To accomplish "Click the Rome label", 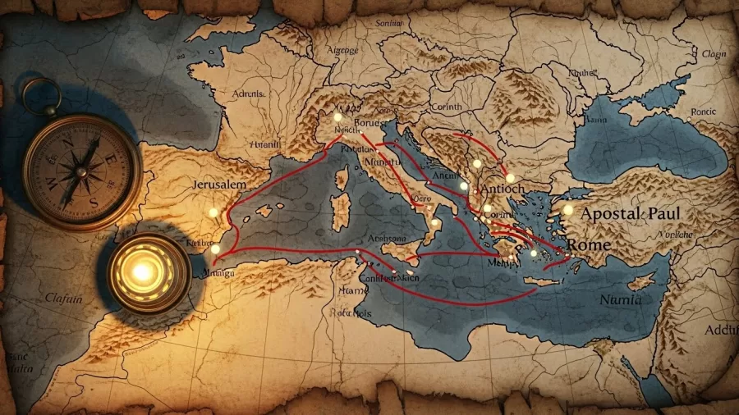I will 589,245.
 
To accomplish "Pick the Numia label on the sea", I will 622,300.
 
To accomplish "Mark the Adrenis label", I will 249,93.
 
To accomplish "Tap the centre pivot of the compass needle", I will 83,173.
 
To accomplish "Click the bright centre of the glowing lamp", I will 143,270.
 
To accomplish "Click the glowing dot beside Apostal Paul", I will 567,210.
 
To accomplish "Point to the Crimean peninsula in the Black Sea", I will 640,107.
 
